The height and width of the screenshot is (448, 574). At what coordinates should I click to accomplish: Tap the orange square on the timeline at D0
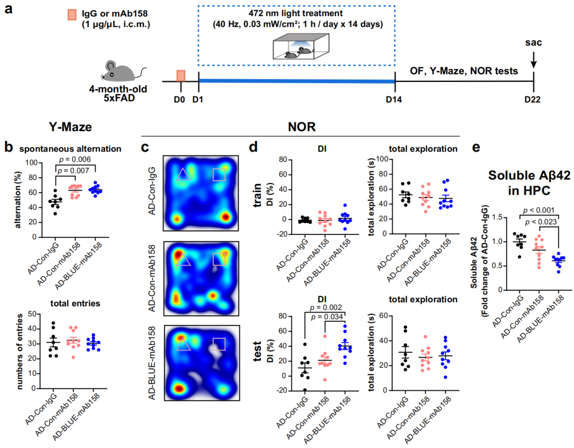pyautogui.click(x=181, y=75)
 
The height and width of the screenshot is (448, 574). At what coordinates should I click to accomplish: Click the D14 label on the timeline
pyautogui.click(x=395, y=99)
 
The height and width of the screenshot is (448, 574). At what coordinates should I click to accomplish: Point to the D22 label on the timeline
pyautogui.click(x=533, y=99)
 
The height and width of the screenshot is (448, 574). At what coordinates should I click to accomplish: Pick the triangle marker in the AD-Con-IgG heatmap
pyautogui.click(x=183, y=174)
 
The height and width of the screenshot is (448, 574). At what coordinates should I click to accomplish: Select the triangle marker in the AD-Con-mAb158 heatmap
pyautogui.click(x=183, y=260)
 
